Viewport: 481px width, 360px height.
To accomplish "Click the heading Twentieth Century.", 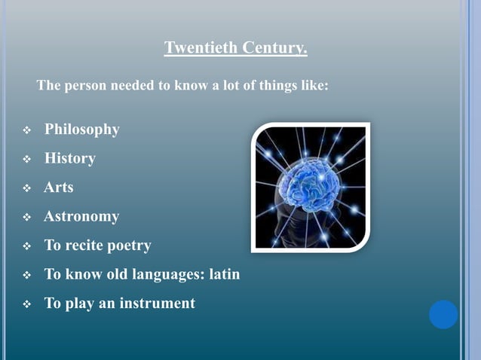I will coord(235,49).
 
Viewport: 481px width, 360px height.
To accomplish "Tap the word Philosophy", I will coord(81,130).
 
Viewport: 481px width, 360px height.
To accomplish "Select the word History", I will coord(69,159).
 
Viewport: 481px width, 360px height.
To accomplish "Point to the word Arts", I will coord(58,188).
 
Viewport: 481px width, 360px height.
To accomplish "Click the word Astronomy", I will coord(81,217).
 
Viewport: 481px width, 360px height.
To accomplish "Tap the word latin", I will coord(224,274).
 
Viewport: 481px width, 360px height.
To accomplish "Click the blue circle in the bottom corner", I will coord(443,315).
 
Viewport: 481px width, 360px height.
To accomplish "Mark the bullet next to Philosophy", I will coord(27,131).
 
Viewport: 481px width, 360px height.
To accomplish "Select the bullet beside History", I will coord(27,160).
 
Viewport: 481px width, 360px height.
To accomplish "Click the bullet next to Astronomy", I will coord(27,218).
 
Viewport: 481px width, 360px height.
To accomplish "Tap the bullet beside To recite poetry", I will coord(27,247).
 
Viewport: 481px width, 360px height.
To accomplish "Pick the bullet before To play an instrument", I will coord(27,305).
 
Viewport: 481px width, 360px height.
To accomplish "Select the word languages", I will coord(164,275).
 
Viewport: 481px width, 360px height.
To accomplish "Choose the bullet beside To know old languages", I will coord(27,276).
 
